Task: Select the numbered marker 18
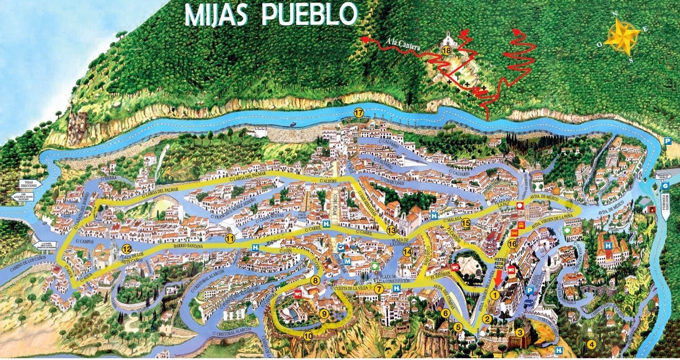pos(447,50)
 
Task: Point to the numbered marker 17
pos(358,112)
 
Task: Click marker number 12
pos(126,249)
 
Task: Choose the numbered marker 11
pos(229,239)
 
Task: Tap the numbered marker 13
pos(391,231)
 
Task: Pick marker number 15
pos(466,223)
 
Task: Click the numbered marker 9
pos(324,314)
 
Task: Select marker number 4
pos(592,344)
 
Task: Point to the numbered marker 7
pos(378,289)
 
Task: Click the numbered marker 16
pos(512,244)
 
